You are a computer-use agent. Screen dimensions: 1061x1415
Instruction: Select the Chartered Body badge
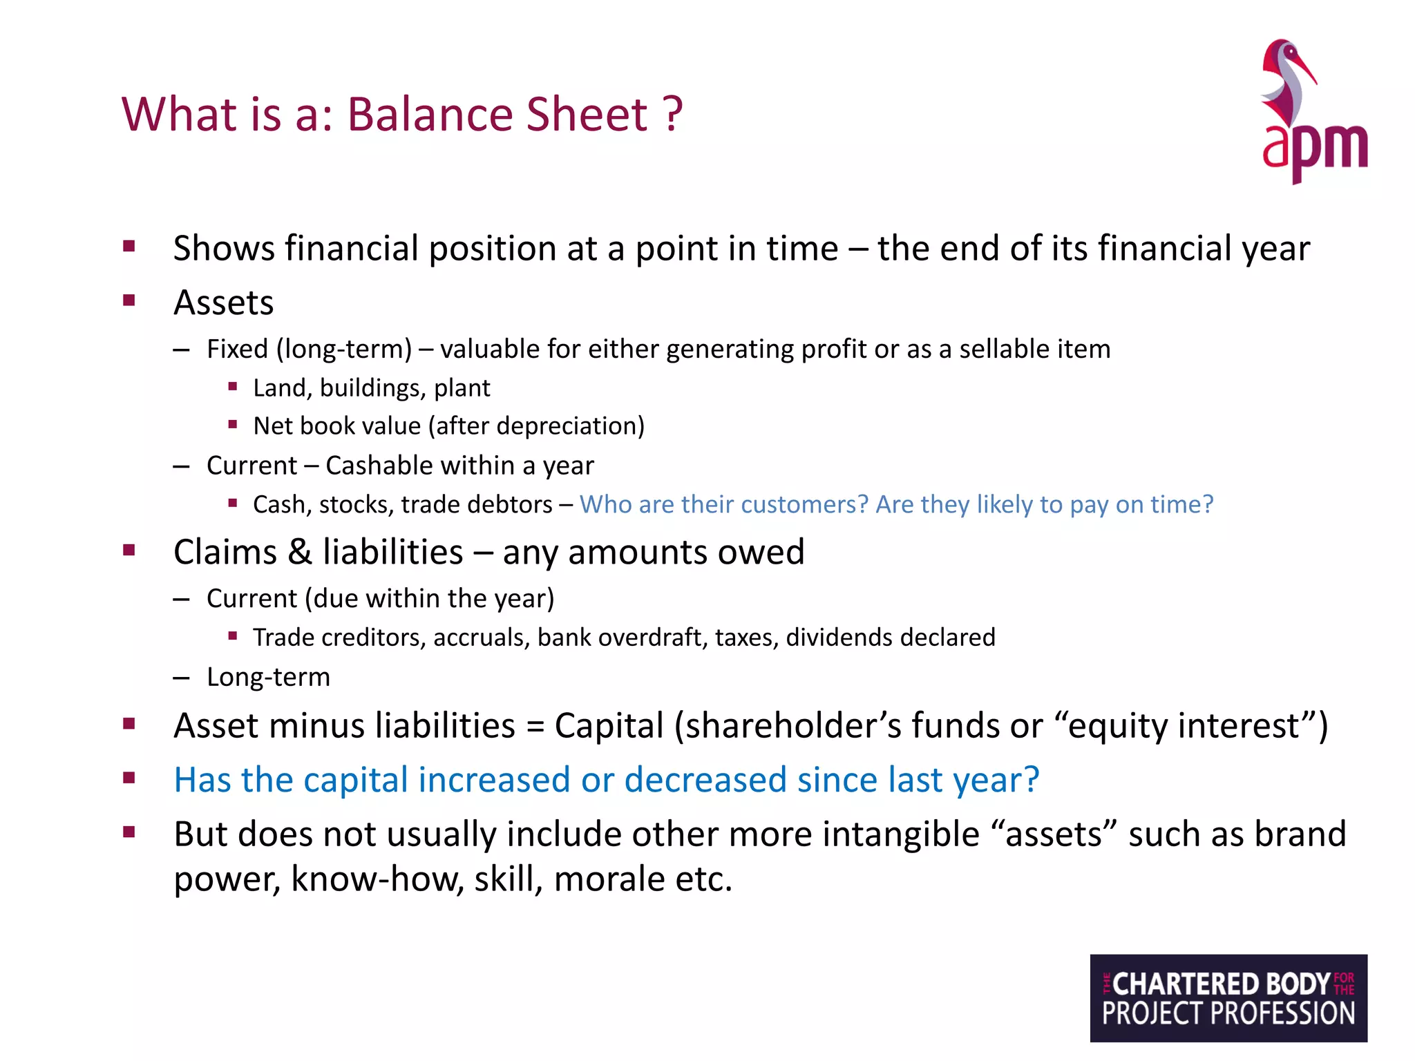(x=1228, y=997)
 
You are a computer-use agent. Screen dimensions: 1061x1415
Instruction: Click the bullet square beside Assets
(x=129, y=300)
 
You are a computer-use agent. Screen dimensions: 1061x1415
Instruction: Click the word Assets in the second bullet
(x=223, y=303)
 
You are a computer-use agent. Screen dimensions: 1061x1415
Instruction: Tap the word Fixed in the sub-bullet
(x=237, y=349)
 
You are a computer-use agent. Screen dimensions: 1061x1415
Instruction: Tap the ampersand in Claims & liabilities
(x=299, y=553)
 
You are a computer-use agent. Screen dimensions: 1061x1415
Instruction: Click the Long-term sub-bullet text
(x=268, y=677)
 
